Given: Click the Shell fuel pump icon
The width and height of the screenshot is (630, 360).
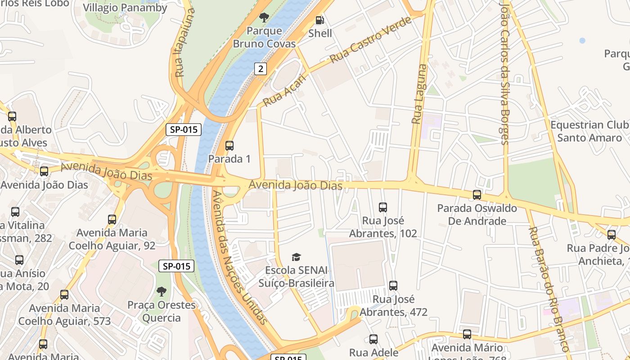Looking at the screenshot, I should [319, 20].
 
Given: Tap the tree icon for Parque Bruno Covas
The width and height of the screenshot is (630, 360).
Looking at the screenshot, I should [264, 18].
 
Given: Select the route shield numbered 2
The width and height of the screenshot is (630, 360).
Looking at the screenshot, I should [260, 68].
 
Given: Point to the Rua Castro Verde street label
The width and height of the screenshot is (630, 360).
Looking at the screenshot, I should [370, 40].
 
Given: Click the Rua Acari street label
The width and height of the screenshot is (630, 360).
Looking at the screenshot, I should [284, 90].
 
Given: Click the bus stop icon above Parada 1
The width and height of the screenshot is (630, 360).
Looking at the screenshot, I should [229, 145].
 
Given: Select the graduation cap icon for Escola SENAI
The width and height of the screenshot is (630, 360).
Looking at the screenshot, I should [296, 257].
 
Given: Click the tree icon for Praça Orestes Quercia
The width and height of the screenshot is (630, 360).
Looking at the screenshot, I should [161, 291].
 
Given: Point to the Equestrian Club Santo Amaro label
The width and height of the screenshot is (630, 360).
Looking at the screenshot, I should [589, 131].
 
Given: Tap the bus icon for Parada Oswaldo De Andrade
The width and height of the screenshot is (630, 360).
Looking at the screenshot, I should [477, 195].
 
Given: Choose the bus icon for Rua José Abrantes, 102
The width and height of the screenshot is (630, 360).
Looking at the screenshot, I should [383, 207].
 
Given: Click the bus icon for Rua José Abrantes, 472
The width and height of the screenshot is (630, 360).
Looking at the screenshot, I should [393, 285].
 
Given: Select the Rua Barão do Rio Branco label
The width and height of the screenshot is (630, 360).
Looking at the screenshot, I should [549, 288].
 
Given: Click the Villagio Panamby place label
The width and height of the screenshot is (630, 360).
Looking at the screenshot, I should [125, 8].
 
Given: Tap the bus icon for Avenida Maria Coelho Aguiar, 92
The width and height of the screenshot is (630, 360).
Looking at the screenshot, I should [112, 219].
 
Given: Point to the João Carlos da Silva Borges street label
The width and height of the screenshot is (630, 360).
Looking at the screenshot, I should [504, 72].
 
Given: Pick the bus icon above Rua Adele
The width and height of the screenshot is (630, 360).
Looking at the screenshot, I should [373, 339].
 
